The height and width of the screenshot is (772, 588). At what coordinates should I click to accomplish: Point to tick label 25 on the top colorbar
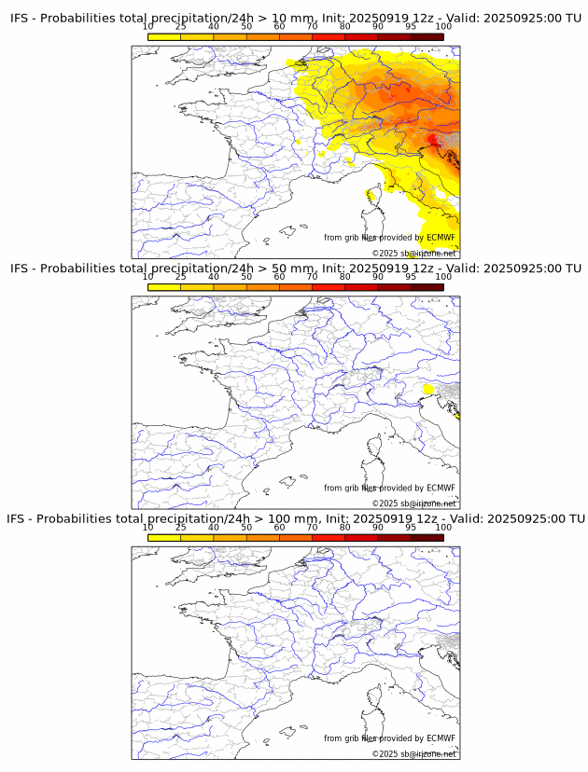coord(181,27)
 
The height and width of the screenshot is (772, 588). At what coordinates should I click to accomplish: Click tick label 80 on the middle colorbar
coord(345,277)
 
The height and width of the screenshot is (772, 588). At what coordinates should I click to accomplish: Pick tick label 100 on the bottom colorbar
coord(443,527)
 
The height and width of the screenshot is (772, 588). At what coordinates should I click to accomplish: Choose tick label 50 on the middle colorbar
coord(246,277)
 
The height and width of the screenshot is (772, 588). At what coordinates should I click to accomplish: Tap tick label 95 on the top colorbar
coord(411,27)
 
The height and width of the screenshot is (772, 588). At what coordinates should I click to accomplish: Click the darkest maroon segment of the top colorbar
coord(427,36)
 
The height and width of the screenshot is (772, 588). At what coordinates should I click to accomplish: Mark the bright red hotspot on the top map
coord(431,140)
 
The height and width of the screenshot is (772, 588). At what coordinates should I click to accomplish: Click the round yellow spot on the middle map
coord(428,389)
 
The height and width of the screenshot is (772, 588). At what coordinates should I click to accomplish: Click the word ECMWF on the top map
coord(441,238)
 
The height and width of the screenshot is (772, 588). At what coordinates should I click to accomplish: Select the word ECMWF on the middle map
coord(441,488)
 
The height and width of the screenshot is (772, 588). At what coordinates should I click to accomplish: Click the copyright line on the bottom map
coord(413,753)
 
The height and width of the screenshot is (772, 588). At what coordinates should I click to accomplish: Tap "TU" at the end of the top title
coord(572,19)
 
